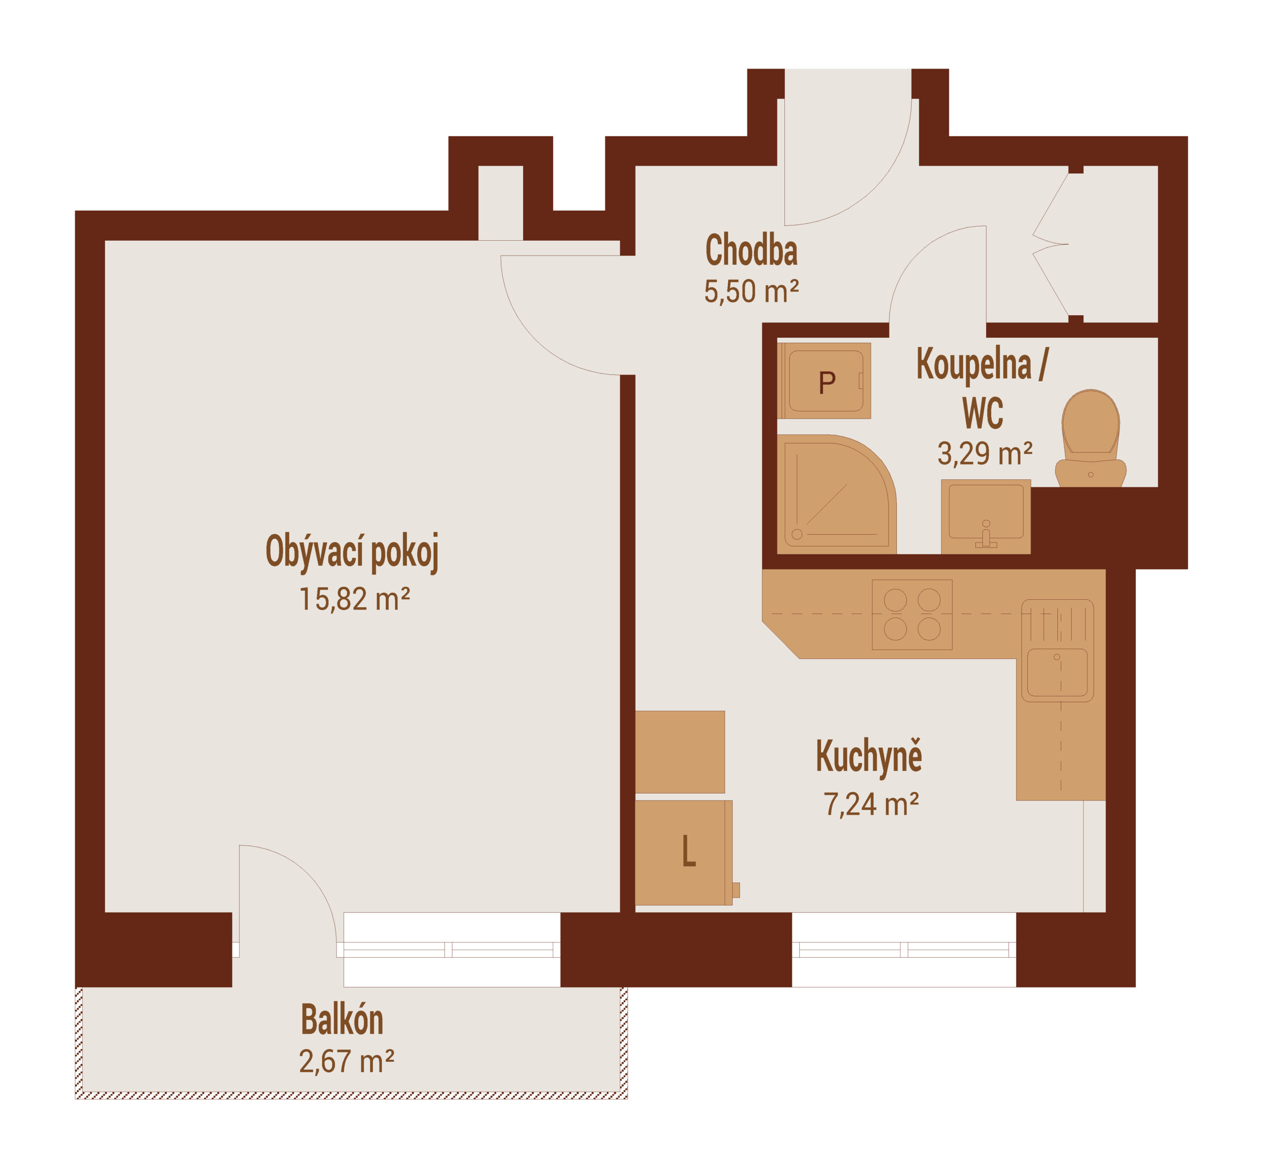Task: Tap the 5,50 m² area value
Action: (x=751, y=291)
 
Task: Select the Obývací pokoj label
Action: (x=352, y=552)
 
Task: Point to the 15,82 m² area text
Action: (x=354, y=599)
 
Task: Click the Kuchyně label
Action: (x=869, y=757)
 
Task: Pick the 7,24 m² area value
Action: (x=871, y=804)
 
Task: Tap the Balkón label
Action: (x=342, y=1019)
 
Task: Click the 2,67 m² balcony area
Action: (x=347, y=1061)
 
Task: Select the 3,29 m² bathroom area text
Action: (x=985, y=453)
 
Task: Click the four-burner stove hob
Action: (x=912, y=615)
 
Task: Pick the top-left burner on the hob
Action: (x=895, y=601)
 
